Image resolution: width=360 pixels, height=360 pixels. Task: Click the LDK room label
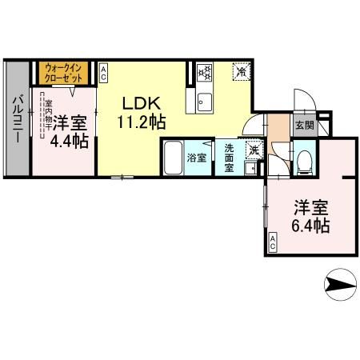pyautogui.click(x=142, y=104)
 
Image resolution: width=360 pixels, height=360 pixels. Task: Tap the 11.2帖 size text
pyautogui.click(x=142, y=122)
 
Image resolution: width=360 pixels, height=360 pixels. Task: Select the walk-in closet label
pyautogui.click(x=64, y=74)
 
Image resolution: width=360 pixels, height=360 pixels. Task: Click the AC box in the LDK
pyautogui.click(x=104, y=73)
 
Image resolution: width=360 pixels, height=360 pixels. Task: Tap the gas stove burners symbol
pyautogui.click(x=203, y=73)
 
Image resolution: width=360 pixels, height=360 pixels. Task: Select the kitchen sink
pyautogui.click(x=202, y=102)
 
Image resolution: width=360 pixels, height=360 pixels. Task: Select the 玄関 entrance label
pyautogui.click(x=303, y=126)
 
